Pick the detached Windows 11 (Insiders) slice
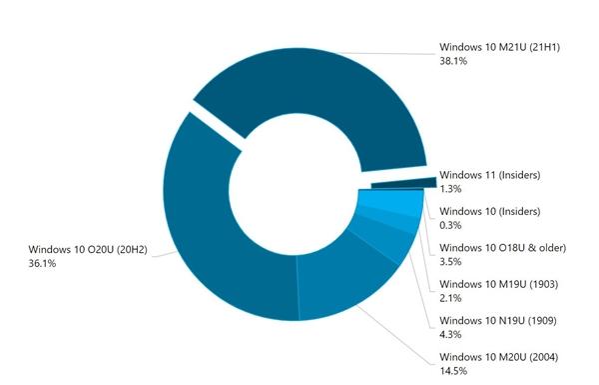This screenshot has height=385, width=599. (x=404, y=184)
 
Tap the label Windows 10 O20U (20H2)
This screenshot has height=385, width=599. (x=88, y=249)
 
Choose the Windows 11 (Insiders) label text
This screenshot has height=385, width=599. (x=489, y=175)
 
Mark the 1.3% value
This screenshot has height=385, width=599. (x=450, y=189)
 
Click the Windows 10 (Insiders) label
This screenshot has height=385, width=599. (x=489, y=211)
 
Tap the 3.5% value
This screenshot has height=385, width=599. (x=450, y=262)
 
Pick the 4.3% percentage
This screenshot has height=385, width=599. (x=450, y=335)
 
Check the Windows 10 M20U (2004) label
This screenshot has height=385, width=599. (x=498, y=357)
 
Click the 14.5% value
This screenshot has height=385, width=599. (x=453, y=371)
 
